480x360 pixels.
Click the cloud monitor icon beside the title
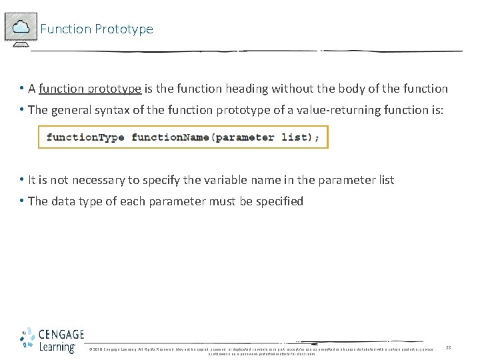click(x=21, y=28)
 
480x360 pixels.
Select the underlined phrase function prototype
click(x=90, y=89)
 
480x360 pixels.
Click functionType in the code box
click(x=85, y=137)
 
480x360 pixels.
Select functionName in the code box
click(x=169, y=137)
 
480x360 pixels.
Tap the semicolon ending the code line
click(x=317, y=137)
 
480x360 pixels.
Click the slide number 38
click(x=449, y=347)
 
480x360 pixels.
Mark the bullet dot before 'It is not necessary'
click(x=22, y=180)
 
